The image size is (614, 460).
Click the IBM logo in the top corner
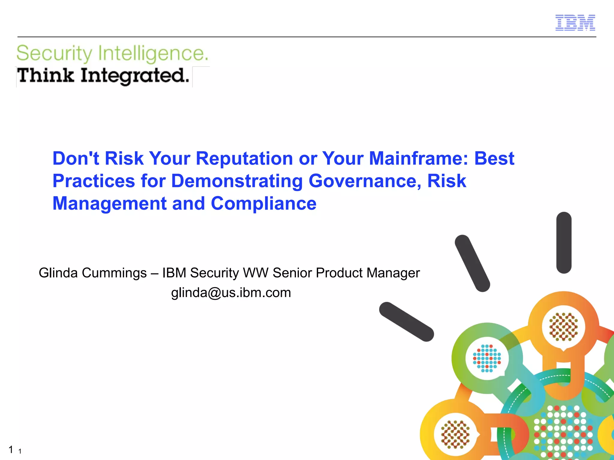click(575, 23)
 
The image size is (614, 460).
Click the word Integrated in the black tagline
click(135, 76)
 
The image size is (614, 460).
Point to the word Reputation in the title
click(244, 158)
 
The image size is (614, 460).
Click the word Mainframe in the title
click(418, 158)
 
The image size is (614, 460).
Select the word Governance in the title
click(365, 181)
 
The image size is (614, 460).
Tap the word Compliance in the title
click(264, 204)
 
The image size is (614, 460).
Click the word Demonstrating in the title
click(237, 181)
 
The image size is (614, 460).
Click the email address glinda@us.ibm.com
click(231, 293)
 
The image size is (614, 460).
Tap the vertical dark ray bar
click(564, 243)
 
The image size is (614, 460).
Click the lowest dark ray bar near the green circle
click(406, 322)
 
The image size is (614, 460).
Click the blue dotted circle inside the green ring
click(487, 358)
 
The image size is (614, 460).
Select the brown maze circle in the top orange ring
click(563, 327)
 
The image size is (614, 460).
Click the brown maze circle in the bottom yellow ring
click(455, 434)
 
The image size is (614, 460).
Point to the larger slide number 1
click(11, 450)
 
